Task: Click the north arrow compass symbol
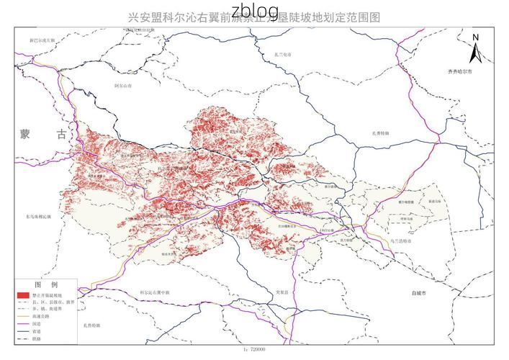pos(476,53)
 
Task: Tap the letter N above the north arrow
pos(476,37)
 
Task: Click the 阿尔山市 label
pos(124,85)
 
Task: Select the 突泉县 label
pos(282,292)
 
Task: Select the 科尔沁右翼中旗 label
pos(155,292)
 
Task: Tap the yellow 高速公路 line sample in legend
pos(24,315)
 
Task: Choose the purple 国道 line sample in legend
pos(24,324)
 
